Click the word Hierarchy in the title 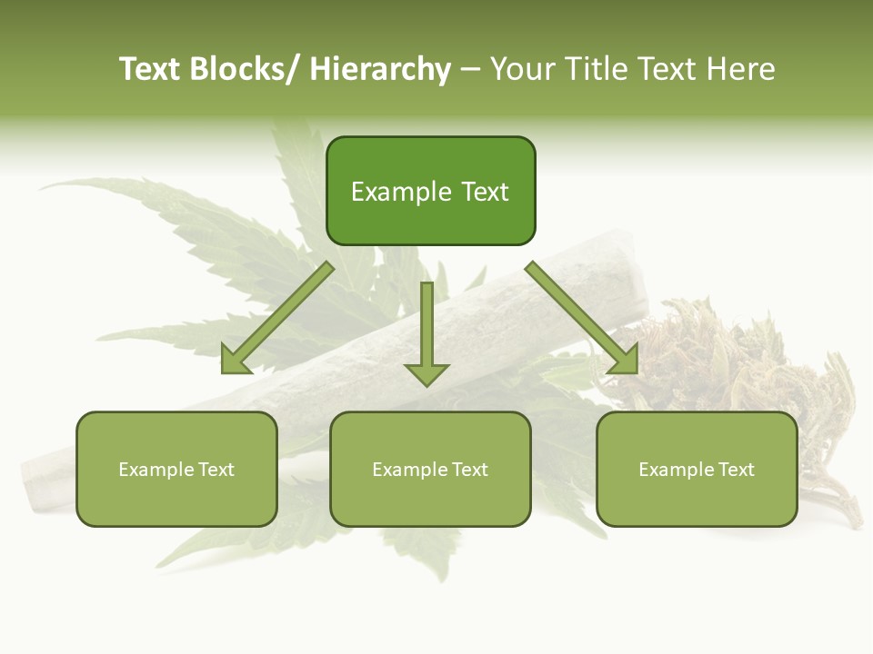(x=380, y=70)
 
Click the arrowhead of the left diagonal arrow (x=236, y=359)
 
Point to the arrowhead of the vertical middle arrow (x=426, y=373)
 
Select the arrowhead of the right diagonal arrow (x=623, y=359)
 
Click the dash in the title (x=470, y=70)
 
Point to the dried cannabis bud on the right (x=727, y=363)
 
